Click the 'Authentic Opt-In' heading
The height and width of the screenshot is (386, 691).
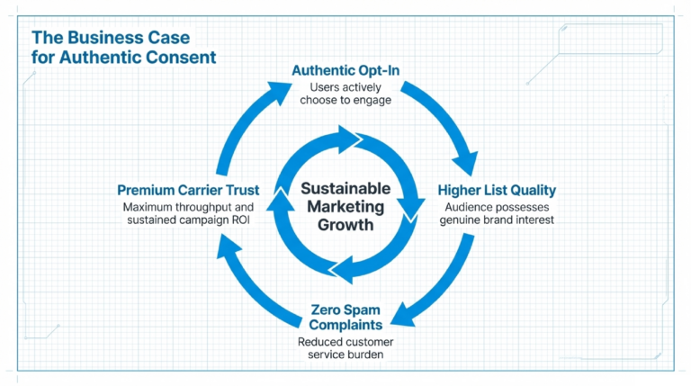pyautogui.click(x=345, y=70)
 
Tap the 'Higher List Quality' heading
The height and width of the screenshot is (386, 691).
pyautogui.click(x=497, y=190)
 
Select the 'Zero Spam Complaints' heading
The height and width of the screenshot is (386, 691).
pyautogui.click(x=345, y=318)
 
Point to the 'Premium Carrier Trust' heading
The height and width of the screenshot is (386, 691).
pyautogui.click(x=188, y=190)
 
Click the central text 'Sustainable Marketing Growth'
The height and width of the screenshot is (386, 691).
pyautogui.click(x=345, y=207)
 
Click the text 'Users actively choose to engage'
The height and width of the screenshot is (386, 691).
pyautogui.click(x=345, y=94)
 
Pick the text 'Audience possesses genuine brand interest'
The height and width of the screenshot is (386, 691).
pyautogui.click(x=497, y=213)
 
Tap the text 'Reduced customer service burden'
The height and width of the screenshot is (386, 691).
pyautogui.click(x=345, y=348)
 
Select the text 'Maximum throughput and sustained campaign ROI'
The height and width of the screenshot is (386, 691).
pyautogui.click(x=188, y=213)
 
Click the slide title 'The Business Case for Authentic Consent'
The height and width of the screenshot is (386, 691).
pyautogui.click(x=124, y=47)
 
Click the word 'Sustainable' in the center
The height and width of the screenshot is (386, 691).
pyautogui.click(x=345, y=189)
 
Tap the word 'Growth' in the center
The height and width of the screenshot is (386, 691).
pyautogui.click(x=345, y=225)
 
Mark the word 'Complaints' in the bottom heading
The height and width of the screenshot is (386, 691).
pyautogui.click(x=345, y=325)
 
